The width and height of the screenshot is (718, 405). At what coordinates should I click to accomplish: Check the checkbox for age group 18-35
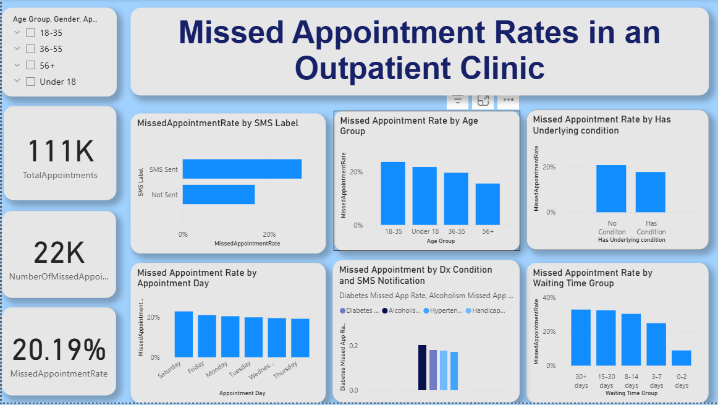tap(30, 33)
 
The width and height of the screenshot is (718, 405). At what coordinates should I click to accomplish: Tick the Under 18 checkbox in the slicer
tap(30, 81)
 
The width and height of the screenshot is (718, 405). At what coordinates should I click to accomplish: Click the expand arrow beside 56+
tap(17, 65)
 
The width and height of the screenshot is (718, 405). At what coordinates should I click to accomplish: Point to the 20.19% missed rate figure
tap(59, 350)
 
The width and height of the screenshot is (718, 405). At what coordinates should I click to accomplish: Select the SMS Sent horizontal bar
tap(242, 169)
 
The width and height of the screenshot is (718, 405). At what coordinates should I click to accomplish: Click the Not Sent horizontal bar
tap(219, 194)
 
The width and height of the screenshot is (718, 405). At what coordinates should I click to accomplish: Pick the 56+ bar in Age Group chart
tap(488, 204)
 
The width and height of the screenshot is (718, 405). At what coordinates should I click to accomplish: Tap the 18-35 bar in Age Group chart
tap(393, 193)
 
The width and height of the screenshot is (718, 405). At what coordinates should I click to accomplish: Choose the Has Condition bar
tap(651, 192)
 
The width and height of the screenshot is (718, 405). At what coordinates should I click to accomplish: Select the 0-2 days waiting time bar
tap(682, 357)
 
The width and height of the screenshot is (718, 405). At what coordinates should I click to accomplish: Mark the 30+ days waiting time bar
tap(580, 337)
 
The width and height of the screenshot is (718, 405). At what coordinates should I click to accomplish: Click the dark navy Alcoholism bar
tap(423, 367)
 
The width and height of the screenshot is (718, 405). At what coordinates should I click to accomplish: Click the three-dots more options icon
tap(509, 99)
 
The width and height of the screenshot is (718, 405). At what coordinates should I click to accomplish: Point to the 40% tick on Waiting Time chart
tap(549, 297)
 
